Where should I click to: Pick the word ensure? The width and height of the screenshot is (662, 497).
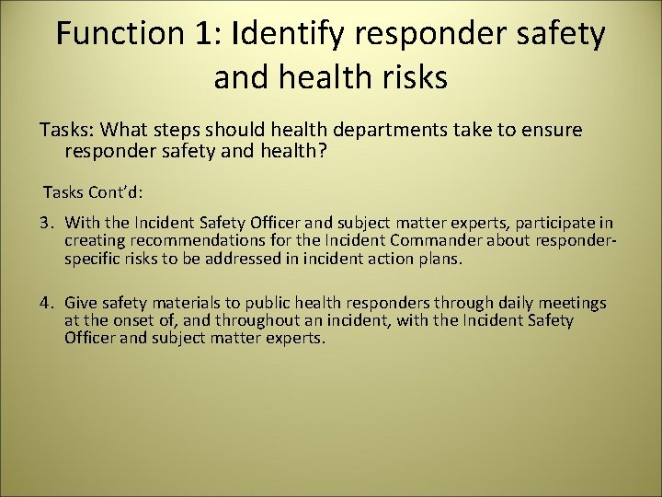coord(553,130)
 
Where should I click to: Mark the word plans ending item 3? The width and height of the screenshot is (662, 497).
coord(439,259)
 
